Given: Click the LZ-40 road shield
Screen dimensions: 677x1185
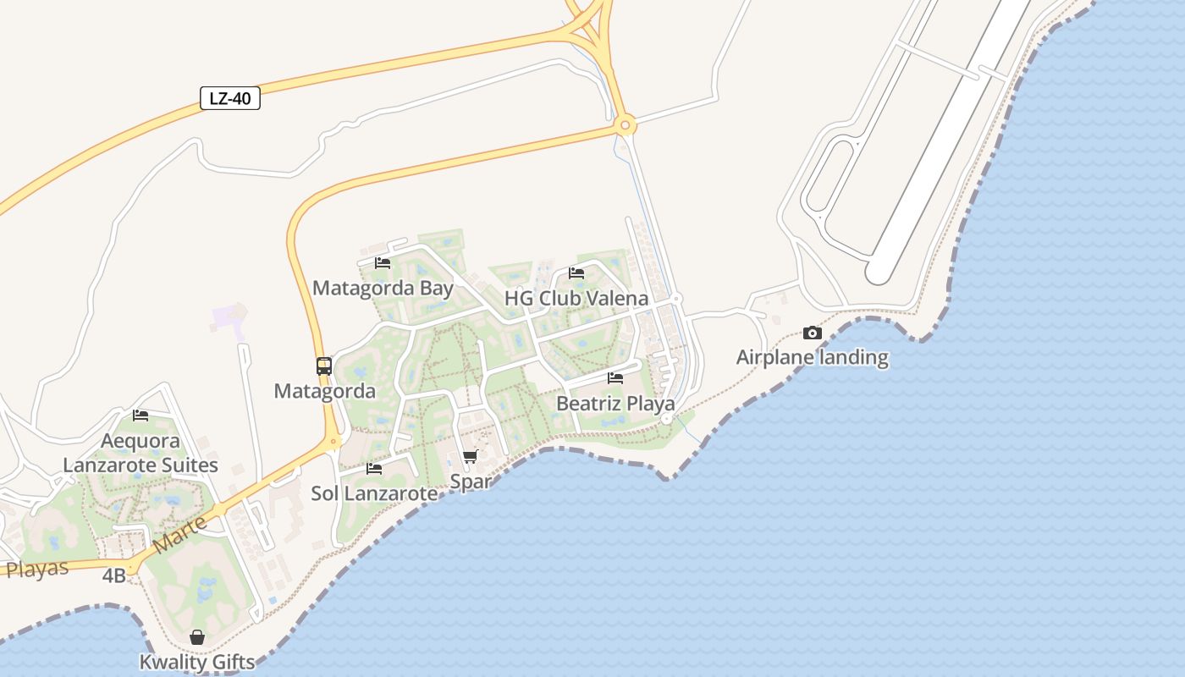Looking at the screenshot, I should point(230,98).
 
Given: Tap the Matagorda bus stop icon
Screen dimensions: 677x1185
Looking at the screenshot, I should point(324,366).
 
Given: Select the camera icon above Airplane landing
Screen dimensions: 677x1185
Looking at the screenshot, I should point(813,333).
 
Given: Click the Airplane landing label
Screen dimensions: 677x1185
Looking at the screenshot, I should point(813,357).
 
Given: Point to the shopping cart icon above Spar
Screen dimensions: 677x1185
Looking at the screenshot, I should point(470,457).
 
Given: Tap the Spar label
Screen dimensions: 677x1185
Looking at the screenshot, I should point(471,482).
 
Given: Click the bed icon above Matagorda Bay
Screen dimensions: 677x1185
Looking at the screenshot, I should point(383,263).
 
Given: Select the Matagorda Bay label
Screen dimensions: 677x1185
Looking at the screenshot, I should point(383,288).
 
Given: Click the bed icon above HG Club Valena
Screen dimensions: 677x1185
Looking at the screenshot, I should point(576,273).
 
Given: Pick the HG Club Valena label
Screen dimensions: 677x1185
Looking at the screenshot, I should point(576,298).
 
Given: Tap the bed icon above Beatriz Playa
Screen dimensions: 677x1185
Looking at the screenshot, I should point(615,378).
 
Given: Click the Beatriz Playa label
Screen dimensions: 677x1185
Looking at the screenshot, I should point(615,404).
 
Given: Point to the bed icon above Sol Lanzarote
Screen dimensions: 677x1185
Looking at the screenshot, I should point(374,468).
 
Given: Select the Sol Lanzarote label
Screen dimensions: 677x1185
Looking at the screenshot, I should point(374,493).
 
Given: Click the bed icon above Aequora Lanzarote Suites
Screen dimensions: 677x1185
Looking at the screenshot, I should point(141,416).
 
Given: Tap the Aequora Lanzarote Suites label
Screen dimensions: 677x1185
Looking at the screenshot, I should point(141,453).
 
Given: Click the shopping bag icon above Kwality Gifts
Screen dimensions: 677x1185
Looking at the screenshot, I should point(197,637).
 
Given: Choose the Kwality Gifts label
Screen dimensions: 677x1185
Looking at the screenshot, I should point(197,662).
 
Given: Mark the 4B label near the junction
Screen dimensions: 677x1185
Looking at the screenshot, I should point(114,576).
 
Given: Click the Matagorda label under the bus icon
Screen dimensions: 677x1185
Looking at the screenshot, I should point(324,391).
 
